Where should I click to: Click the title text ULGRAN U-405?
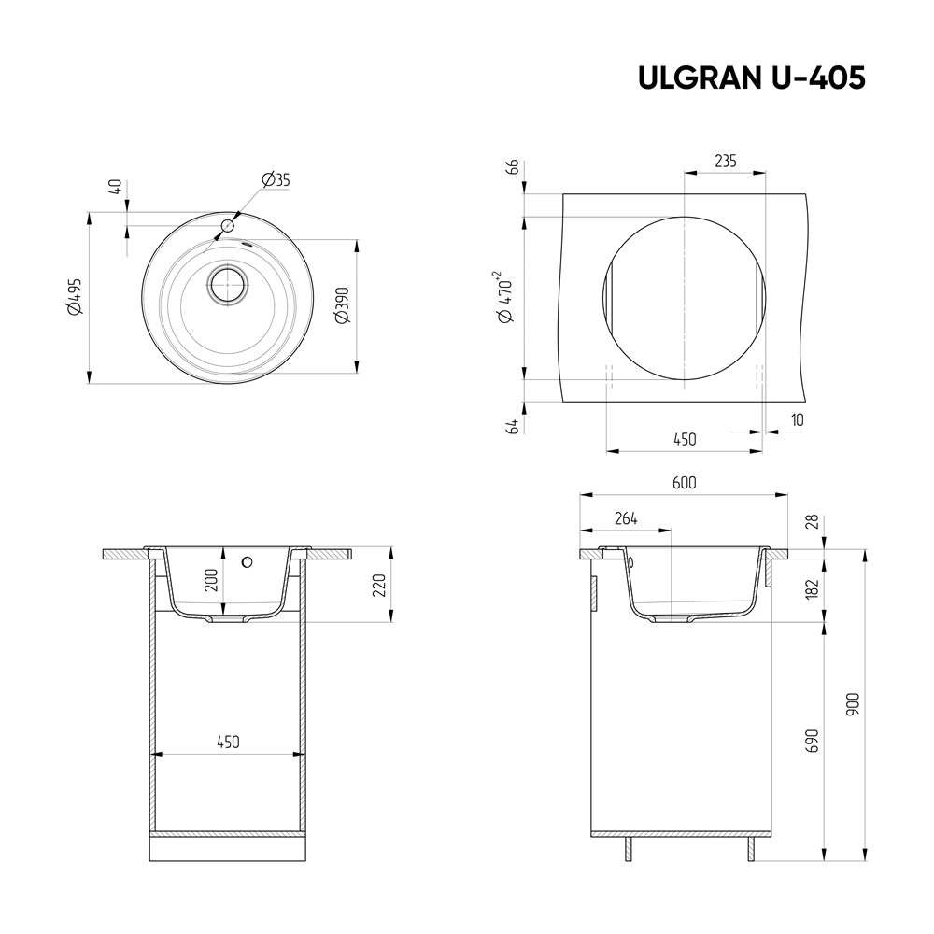tap(751, 78)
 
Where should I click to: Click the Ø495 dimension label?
tap(75, 296)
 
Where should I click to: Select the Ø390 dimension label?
tap(342, 303)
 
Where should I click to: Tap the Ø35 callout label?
tap(276, 179)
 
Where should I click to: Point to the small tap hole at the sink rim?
tap(227, 225)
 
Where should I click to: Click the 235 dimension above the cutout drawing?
tap(725, 161)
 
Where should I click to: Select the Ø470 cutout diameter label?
tap(506, 297)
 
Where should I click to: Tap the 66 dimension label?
tap(511, 168)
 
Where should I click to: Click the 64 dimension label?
tap(511, 426)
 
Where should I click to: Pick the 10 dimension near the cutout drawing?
tap(796, 419)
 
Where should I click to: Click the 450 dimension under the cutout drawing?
tap(685, 439)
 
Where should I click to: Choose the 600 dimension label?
tap(685, 483)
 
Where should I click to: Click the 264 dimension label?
tap(626, 519)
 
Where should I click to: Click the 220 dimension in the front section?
tap(376, 587)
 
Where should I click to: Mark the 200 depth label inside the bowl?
tap(211, 581)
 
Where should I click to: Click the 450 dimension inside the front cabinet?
tap(228, 742)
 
